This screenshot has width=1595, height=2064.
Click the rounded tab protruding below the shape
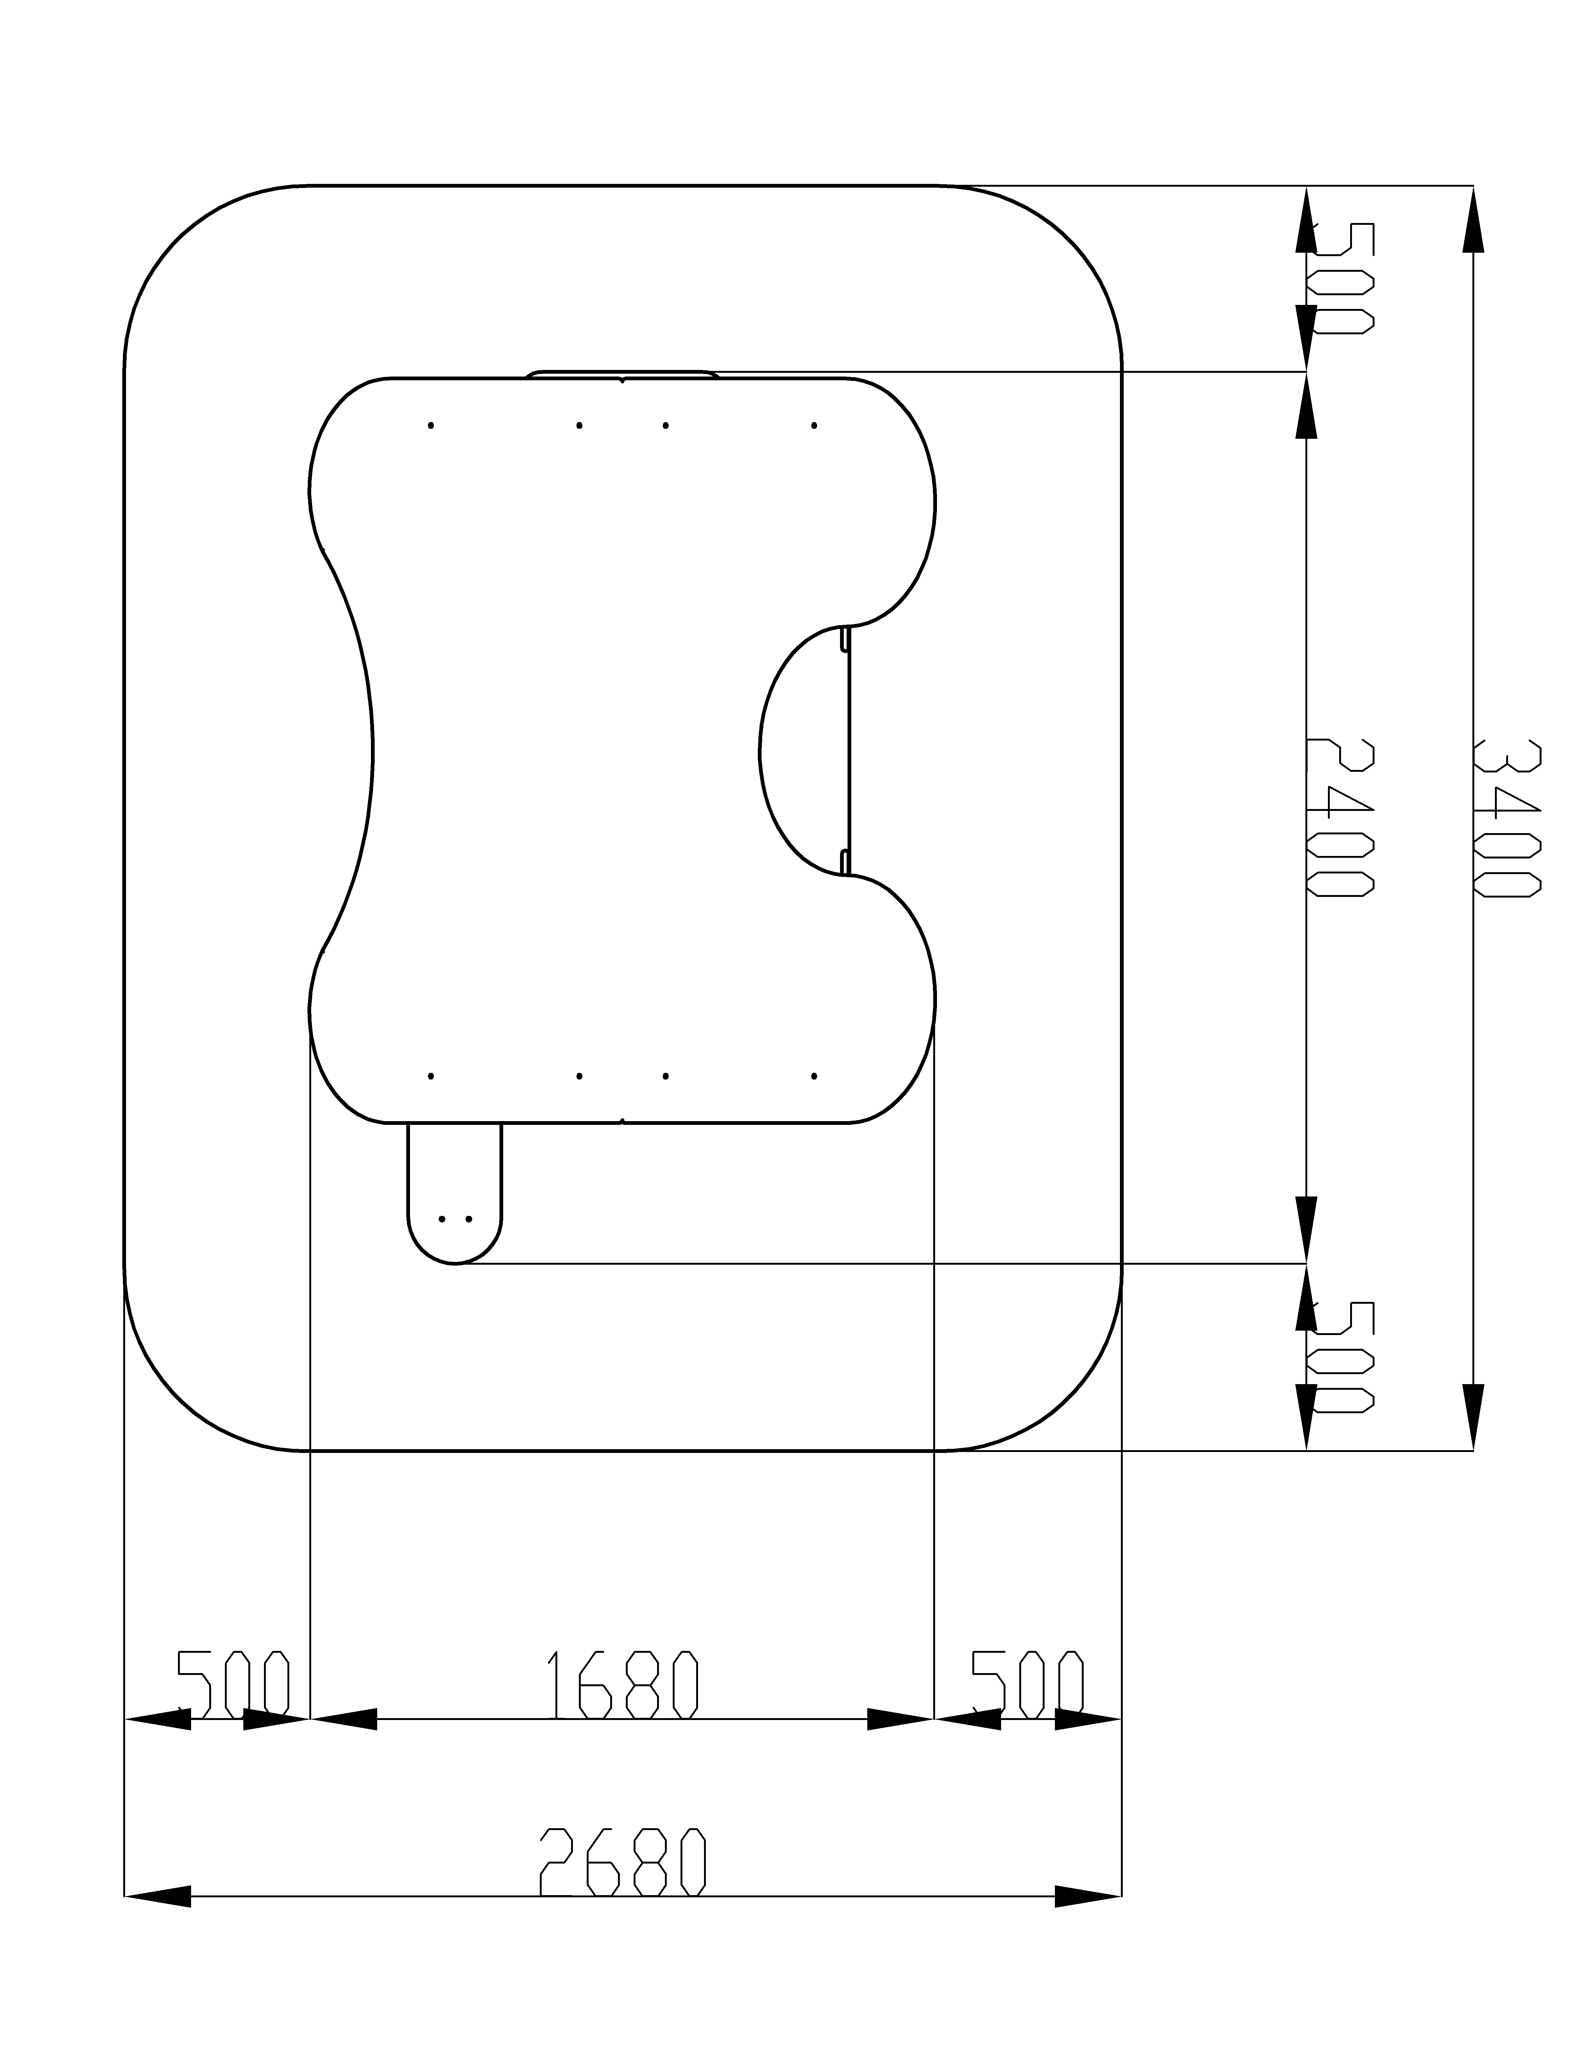454,1193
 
